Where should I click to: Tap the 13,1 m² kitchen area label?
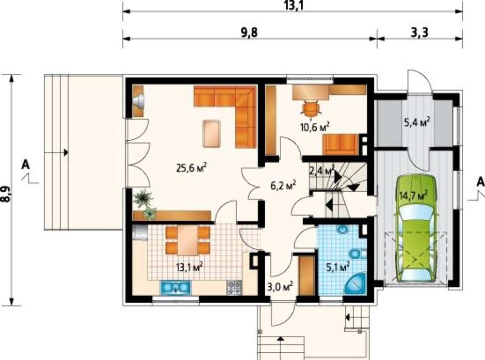pyautogui.click(x=189, y=266)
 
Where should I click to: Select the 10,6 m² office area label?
pyautogui.click(x=315, y=127)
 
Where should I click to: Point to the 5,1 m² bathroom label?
pyautogui.click(x=338, y=266)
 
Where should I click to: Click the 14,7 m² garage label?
pyautogui.click(x=413, y=196)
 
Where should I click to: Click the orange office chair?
pyautogui.click(x=310, y=109)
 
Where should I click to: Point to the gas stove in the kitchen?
pyautogui.click(x=234, y=287)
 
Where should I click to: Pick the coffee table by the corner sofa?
pyautogui.click(x=212, y=133)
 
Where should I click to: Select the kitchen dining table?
pyautogui.click(x=188, y=240)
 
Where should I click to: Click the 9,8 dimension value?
pyautogui.click(x=249, y=32)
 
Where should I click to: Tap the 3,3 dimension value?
pyautogui.click(x=420, y=32)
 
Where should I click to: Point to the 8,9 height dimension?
pyautogui.click(x=5, y=194)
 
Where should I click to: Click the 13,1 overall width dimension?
pyautogui.click(x=293, y=5)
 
